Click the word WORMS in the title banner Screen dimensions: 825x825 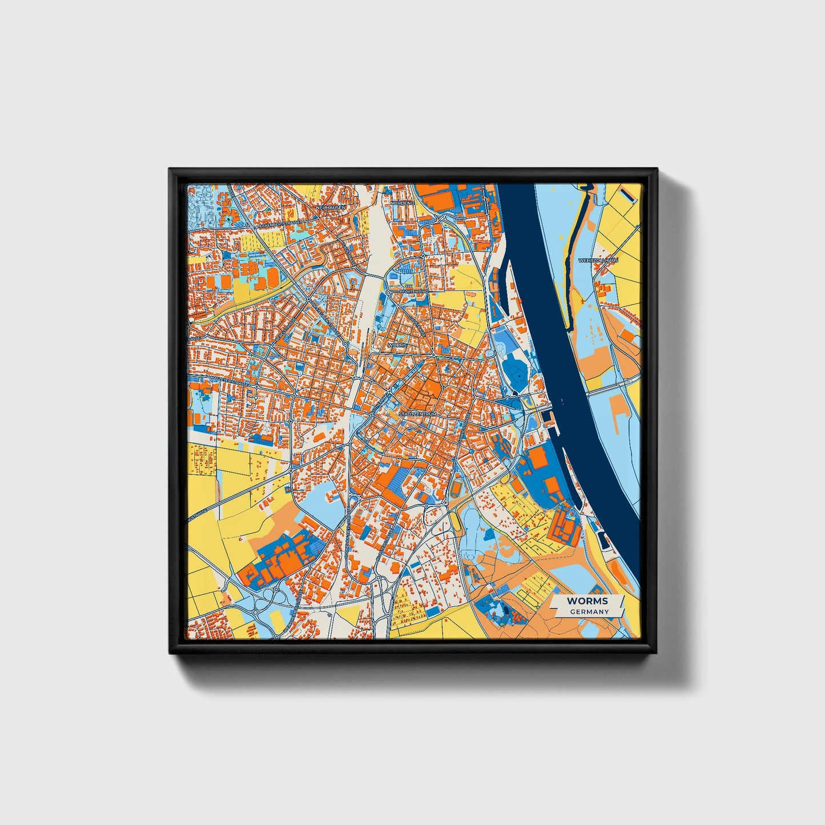click(587, 601)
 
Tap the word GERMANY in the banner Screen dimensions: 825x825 click(589, 611)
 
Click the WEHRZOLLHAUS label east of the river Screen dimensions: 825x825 click(598, 260)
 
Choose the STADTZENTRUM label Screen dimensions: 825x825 click(417, 413)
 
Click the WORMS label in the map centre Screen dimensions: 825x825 click(397, 345)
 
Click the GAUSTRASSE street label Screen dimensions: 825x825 click(194, 339)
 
